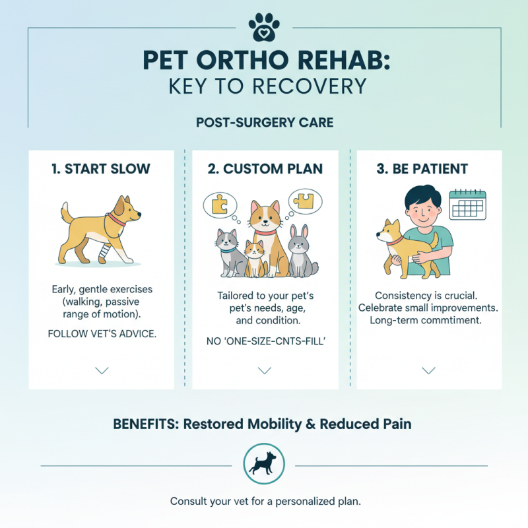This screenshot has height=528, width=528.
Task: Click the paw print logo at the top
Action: (x=264, y=26)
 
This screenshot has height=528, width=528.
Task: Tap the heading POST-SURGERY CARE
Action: (x=264, y=123)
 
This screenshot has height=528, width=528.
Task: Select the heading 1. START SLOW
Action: (x=101, y=168)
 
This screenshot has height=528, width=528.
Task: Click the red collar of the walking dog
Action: (x=116, y=219)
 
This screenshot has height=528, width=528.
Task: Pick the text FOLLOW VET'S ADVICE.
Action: (x=102, y=333)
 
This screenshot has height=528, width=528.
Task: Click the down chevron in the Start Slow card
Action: (x=102, y=371)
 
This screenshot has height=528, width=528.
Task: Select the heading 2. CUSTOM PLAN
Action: (x=265, y=168)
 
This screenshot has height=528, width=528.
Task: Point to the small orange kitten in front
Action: (x=253, y=257)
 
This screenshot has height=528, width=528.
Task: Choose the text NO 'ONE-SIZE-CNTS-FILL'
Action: (x=265, y=341)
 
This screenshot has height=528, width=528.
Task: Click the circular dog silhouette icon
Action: (x=264, y=464)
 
